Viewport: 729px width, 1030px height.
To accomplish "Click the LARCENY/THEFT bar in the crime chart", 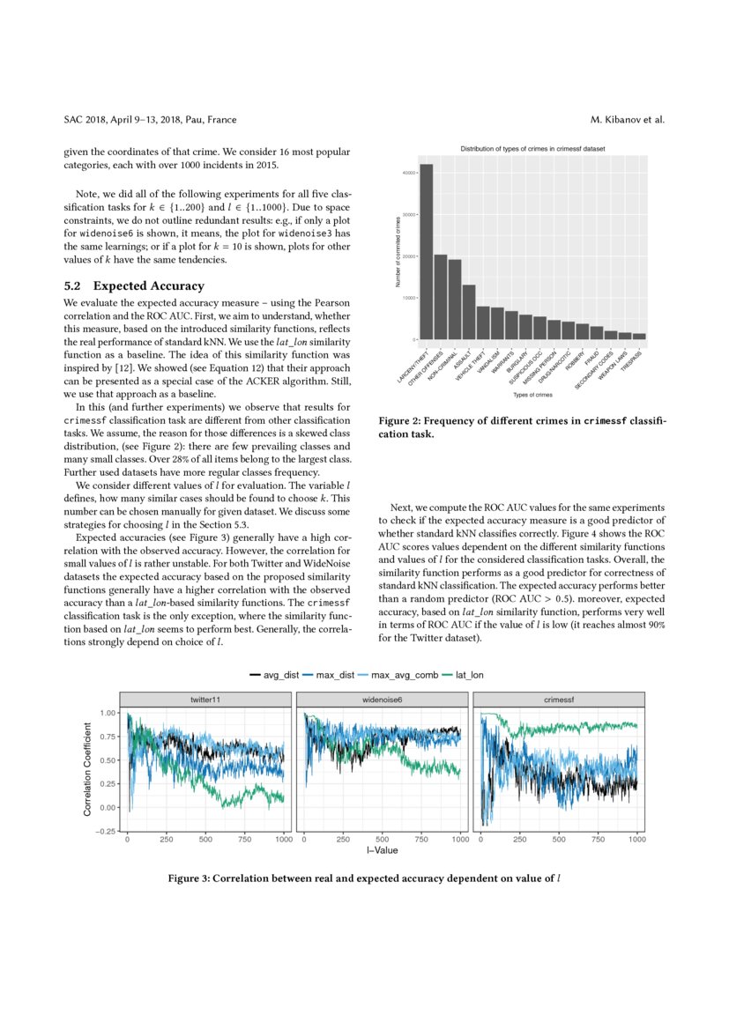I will [x=426, y=252].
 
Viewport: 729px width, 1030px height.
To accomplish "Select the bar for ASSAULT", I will [x=469, y=312].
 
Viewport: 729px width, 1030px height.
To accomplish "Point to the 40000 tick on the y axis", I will [x=406, y=173].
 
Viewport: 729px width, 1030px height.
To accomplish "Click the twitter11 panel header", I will [x=205, y=699].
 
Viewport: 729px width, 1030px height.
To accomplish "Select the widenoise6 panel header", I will [x=382, y=699].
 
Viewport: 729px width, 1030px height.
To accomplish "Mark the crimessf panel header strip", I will [x=558, y=699].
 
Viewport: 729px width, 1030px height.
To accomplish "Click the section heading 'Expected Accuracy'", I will [x=148, y=285].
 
